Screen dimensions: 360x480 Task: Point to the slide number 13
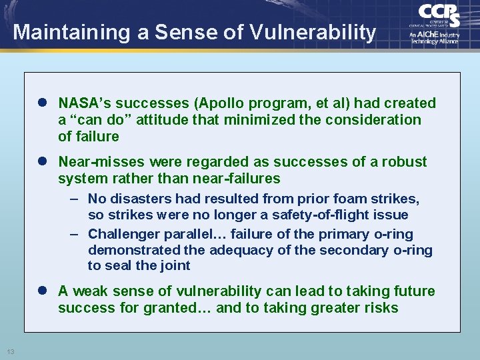[x=11, y=351]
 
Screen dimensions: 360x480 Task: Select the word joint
[x=175, y=265]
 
